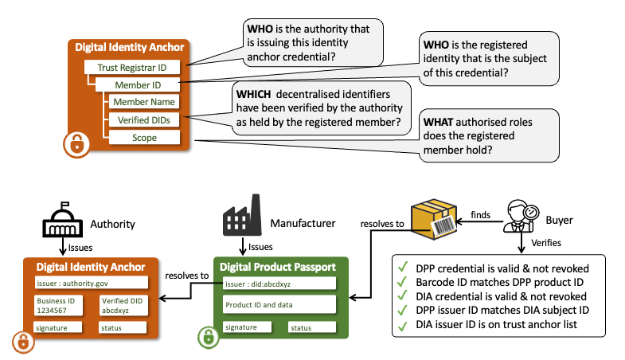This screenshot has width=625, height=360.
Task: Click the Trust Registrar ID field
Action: tap(131, 68)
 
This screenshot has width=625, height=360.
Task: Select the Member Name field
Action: tap(143, 102)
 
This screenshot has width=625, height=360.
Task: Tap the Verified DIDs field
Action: tap(143, 119)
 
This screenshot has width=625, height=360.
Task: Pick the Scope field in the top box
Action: tap(143, 137)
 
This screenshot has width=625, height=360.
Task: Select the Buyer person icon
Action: tap(521, 216)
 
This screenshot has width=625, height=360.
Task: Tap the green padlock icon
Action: tap(205, 338)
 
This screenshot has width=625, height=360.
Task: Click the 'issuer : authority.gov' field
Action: tap(91, 282)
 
